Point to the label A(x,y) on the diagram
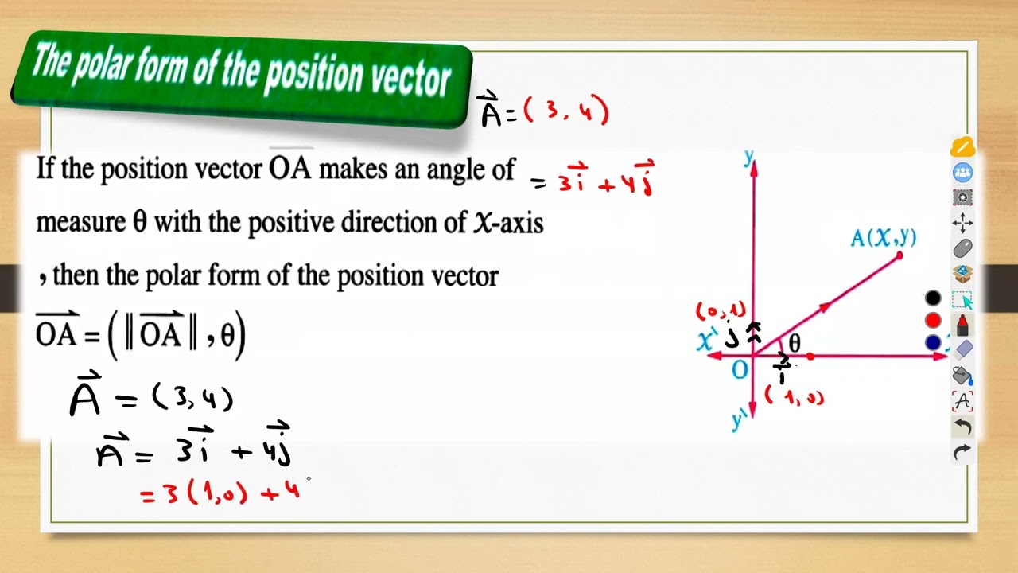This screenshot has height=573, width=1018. click(882, 237)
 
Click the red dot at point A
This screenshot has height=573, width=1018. click(899, 255)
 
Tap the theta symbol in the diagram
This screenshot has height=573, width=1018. click(794, 344)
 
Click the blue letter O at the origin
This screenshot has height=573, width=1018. click(740, 369)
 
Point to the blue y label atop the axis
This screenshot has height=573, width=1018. click(748, 157)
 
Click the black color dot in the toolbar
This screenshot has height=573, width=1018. click(933, 298)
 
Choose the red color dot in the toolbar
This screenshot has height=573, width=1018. click(933, 320)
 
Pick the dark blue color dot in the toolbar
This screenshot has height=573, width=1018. click(933, 342)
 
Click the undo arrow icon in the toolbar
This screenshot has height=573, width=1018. click(962, 427)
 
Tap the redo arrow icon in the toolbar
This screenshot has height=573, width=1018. click(962, 452)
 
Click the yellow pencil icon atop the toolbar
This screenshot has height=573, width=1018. click(962, 148)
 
